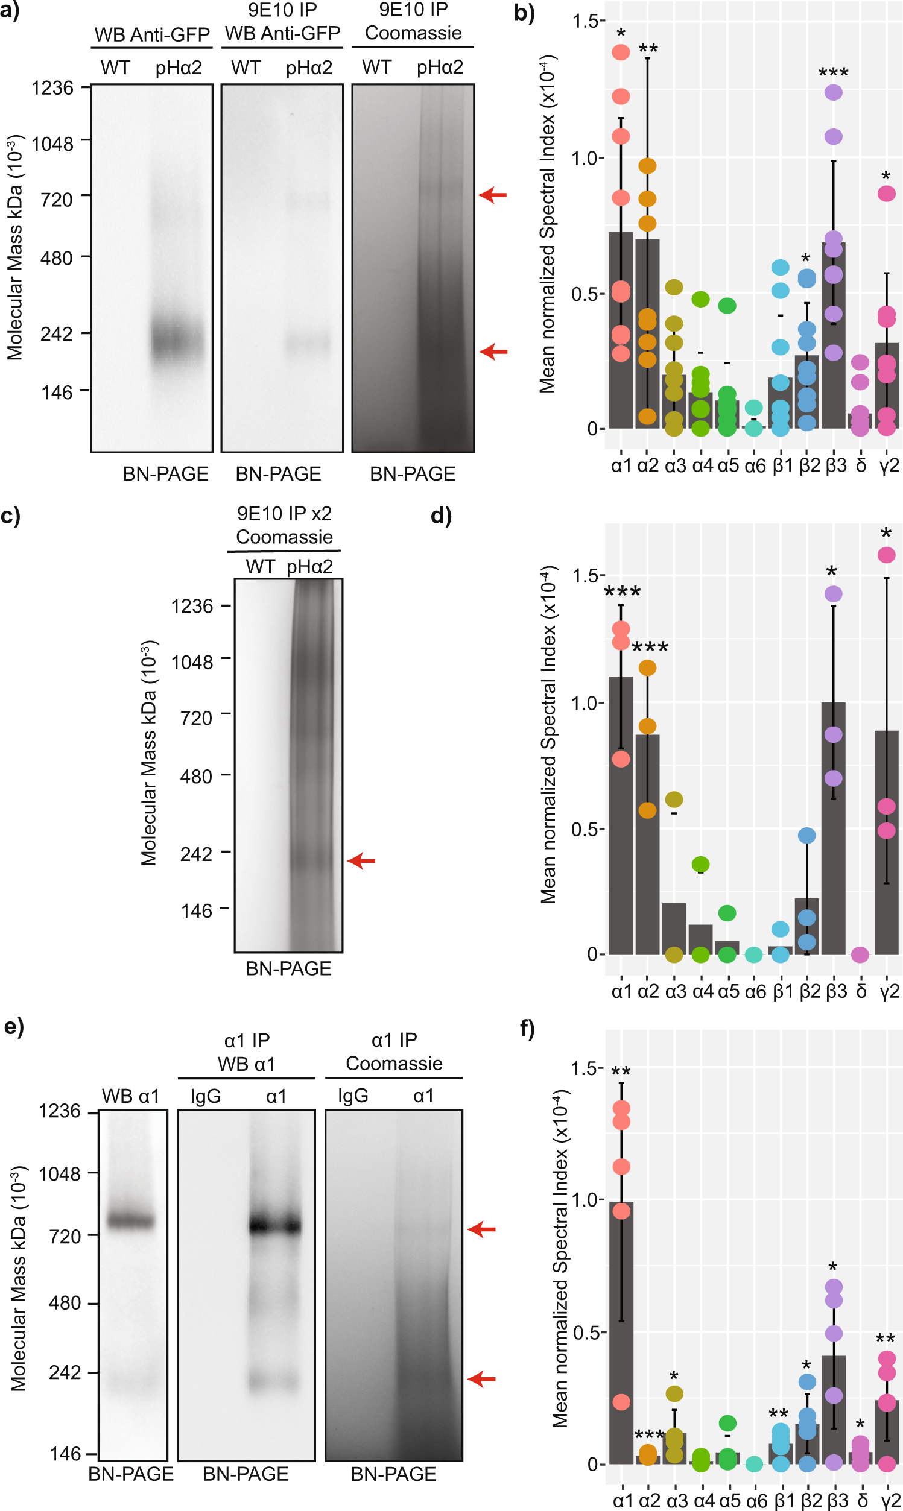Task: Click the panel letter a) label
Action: tap(10, 10)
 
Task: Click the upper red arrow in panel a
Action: tap(492, 195)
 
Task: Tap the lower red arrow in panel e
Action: tap(481, 1379)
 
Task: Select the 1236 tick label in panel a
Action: tap(52, 88)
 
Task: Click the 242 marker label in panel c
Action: tap(196, 854)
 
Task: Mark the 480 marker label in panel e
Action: tap(65, 1303)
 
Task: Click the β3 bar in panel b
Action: tap(833, 341)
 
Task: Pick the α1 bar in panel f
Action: tap(621, 1338)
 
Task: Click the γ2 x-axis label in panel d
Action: tap(889, 992)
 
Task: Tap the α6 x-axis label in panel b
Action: tap(755, 465)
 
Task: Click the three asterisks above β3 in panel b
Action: tap(833, 74)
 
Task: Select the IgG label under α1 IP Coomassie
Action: tap(353, 1096)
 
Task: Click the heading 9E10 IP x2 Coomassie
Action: tap(284, 525)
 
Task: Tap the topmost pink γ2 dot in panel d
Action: tap(886, 555)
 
